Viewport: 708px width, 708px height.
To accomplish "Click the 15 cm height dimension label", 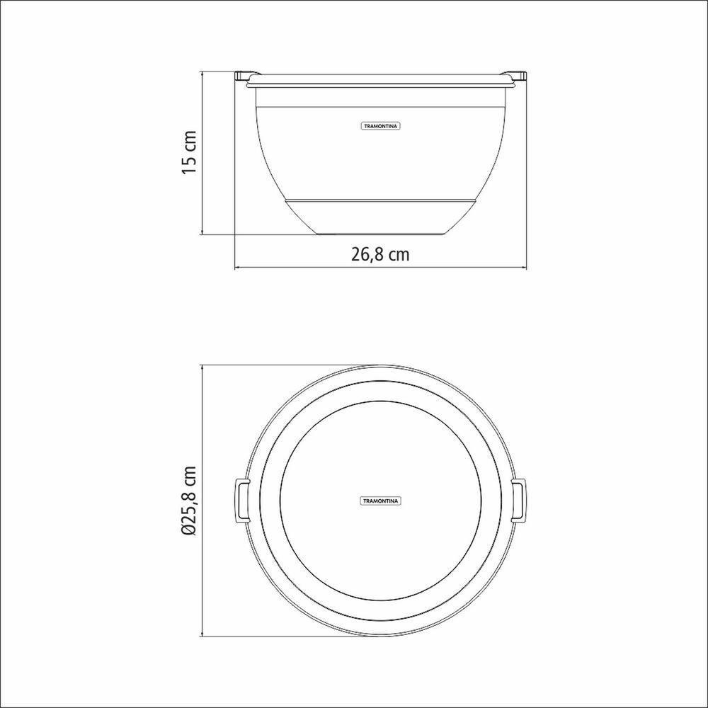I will (189, 153).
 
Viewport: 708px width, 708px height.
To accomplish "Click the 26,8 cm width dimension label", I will (380, 255).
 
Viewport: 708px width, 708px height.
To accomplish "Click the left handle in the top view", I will (241, 500).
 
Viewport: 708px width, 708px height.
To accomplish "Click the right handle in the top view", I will (518, 500).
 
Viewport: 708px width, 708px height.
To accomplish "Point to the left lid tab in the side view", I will (242, 74).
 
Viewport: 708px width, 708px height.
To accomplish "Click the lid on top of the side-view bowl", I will (380, 80).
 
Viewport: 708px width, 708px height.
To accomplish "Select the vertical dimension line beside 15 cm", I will (204, 153).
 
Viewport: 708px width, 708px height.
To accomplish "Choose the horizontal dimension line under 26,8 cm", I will (380, 268).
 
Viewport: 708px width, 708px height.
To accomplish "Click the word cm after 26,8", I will (399, 255).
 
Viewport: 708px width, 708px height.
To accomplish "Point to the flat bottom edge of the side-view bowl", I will (380, 234).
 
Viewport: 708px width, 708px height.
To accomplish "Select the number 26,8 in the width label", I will (367, 255).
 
